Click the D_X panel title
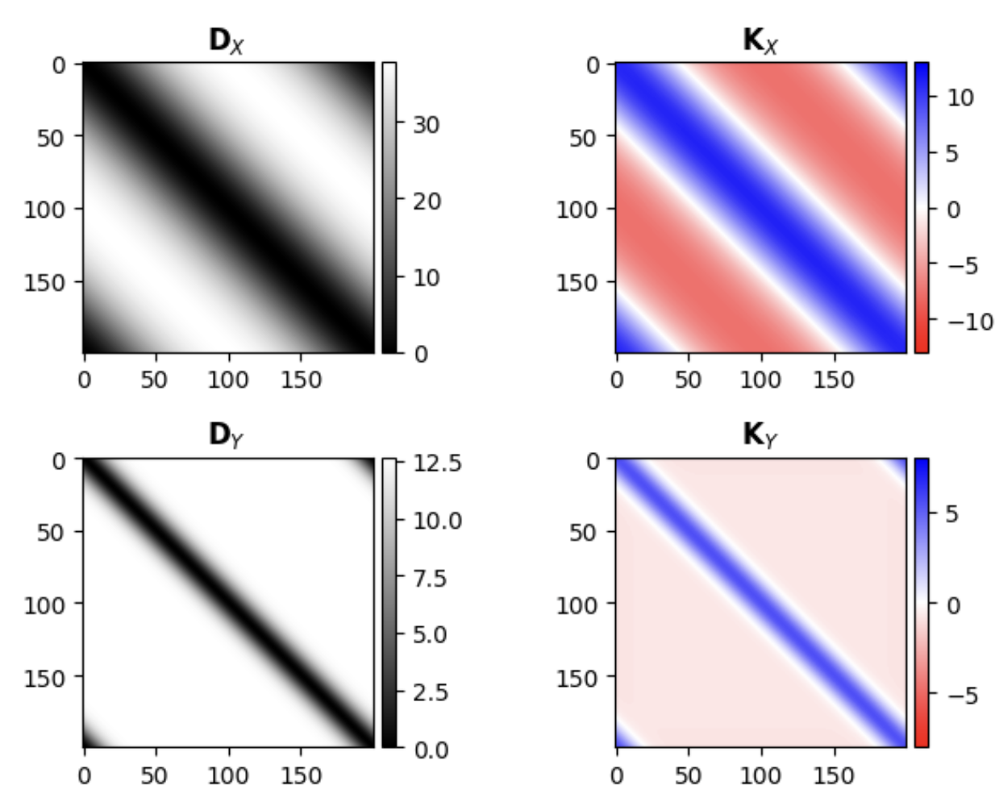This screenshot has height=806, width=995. (x=227, y=40)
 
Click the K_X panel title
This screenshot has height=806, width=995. (x=760, y=40)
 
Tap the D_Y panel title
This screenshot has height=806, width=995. (x=227, y=435)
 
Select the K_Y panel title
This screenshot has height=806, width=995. (x=760, y=435)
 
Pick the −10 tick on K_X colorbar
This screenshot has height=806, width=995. (x=969, y=321)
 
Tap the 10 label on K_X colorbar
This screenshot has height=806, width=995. (x=960, y=98)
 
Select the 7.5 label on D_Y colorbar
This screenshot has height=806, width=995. (x=430, y=578)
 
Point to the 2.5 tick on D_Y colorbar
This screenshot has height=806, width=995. (x=430, y=692)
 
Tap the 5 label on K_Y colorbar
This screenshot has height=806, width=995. (x=951, y=513)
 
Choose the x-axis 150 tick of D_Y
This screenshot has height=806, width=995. (x=301, y=775)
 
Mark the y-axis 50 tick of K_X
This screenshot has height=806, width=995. (x=585, y=136)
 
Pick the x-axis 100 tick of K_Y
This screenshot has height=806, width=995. (x=760, y=775)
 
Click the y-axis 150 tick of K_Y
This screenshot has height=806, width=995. (x=577, y=678)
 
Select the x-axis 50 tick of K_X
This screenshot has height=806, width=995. (x=688, y=379)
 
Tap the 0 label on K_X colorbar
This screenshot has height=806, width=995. (x=952, y=210)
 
